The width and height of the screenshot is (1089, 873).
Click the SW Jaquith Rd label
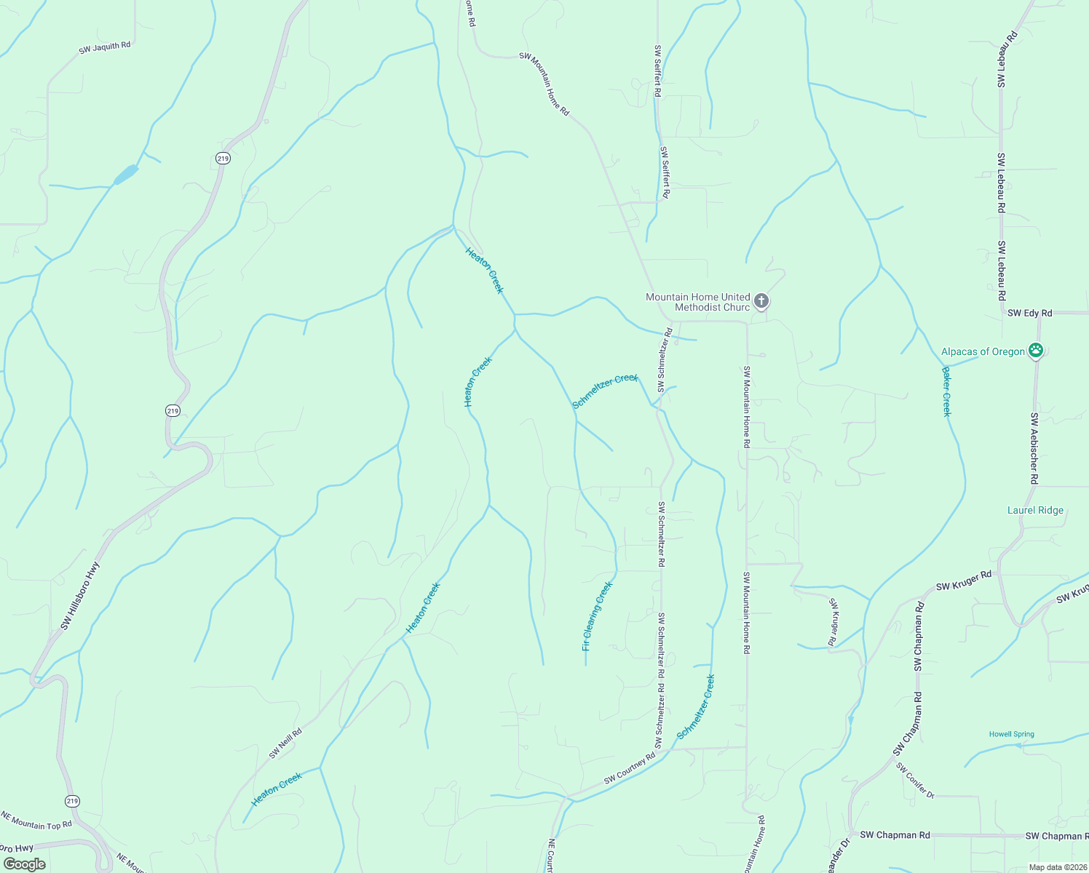point(105,48)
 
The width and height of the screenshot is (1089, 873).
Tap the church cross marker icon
point(761,300)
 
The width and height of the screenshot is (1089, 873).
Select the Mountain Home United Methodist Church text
point(697,302)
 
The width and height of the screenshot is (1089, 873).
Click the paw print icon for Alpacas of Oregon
point(1036,351)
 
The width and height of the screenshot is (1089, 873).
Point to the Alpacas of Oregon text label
point(983,352)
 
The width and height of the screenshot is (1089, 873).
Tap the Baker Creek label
point(946,391)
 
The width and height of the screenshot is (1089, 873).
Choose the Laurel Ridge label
point(1035,510)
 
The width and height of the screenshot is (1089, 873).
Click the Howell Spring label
point(1011,734)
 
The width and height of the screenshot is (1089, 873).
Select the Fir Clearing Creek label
point(598,615)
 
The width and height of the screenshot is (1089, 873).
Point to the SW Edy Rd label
point(1029,313)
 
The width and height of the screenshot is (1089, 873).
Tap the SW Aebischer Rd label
point(1034,448)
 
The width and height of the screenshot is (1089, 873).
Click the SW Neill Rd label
point(285,744)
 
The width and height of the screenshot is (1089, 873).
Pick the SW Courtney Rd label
point(630,769)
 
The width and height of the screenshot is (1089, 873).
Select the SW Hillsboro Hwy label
point(81,595)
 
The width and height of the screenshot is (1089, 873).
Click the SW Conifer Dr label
point(915,781)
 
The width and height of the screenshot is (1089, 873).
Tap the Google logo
point(24,864)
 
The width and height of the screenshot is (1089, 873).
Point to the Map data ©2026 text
point(1057,867)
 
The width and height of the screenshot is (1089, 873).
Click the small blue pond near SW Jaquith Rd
point(125,175)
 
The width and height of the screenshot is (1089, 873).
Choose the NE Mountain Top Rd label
point(36,820)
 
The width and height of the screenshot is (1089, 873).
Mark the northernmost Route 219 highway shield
point(223,159)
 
